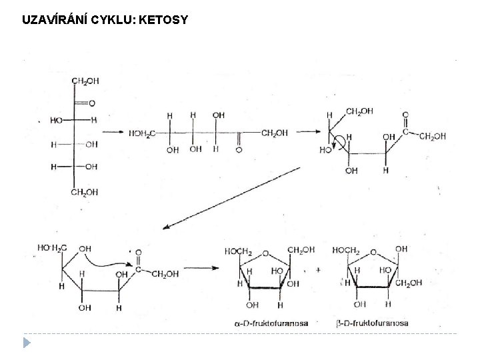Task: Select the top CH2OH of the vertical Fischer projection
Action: coord(85,81)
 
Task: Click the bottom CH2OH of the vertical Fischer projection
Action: coord(85,193)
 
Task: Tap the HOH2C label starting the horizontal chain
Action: coord(142,133)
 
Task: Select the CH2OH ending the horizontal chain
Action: coord(275,133)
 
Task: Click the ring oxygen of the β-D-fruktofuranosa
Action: coord(373,254)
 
